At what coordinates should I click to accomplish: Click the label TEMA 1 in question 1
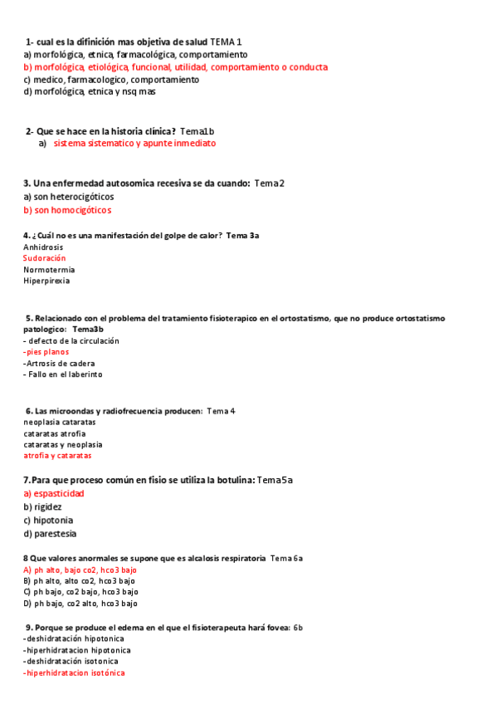[x=226, y=42]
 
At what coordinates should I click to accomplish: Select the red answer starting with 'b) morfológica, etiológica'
[x=175, y=67]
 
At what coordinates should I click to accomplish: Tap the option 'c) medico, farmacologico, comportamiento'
[x=111, y=80]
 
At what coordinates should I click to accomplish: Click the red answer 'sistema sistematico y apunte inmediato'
[x=134, y=143]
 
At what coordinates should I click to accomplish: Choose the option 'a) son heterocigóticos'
[x=69, y=197]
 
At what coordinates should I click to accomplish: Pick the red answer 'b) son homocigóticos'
[x=67, y=210]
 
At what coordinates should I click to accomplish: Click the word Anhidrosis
[x=43, y=247]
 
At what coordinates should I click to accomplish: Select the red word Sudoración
[x=44, y=258]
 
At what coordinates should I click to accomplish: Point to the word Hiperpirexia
[x=46, y=281]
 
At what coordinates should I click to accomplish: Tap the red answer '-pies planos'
[x=46, y=352]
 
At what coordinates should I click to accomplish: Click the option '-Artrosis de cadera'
[x=59, y=364]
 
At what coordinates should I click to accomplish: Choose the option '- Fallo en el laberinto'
[x=63, y=374]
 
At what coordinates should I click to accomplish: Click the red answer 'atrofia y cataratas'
[x=57, y=456]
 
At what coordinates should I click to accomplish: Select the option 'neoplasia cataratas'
[x=60, y=422]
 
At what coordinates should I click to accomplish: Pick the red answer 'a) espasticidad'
[x=54, y=493]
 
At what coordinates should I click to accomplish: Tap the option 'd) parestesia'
[x=50, y=534]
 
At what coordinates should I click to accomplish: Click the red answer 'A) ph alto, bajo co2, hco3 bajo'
[x=80, y=570]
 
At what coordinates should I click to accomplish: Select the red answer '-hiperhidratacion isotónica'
[x=75, y=672]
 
